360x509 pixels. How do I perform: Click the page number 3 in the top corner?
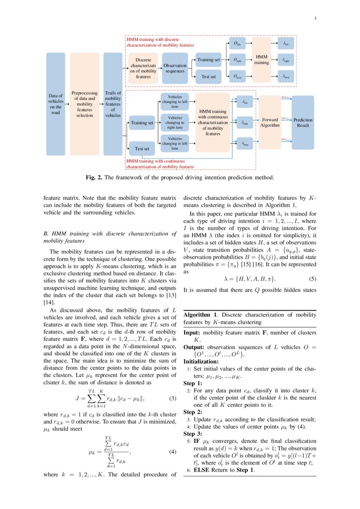coord(315,18)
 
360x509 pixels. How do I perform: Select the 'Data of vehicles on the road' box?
coord(56,104)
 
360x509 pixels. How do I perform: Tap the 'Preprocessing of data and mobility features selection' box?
coord(84,104)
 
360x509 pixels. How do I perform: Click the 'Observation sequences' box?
coord(175,68)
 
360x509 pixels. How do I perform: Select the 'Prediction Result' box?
coord(303,122)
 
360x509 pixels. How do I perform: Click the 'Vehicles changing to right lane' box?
coord(175,123)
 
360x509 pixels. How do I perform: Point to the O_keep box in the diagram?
coord(238,77)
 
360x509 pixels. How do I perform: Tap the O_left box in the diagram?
coord(238,44)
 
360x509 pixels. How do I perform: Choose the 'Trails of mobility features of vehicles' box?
coord(113,104)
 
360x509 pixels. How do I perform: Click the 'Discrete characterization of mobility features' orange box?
coord(143,68)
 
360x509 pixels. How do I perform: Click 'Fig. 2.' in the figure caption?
coord(94,177)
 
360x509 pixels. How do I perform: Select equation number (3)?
coord(172,398)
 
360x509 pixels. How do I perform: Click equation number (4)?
coord(172,452)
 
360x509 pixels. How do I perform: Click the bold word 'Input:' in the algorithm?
coord(192,333)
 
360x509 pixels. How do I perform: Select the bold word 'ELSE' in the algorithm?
coord(202,470)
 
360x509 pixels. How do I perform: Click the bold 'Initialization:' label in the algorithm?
coord(201,361)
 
